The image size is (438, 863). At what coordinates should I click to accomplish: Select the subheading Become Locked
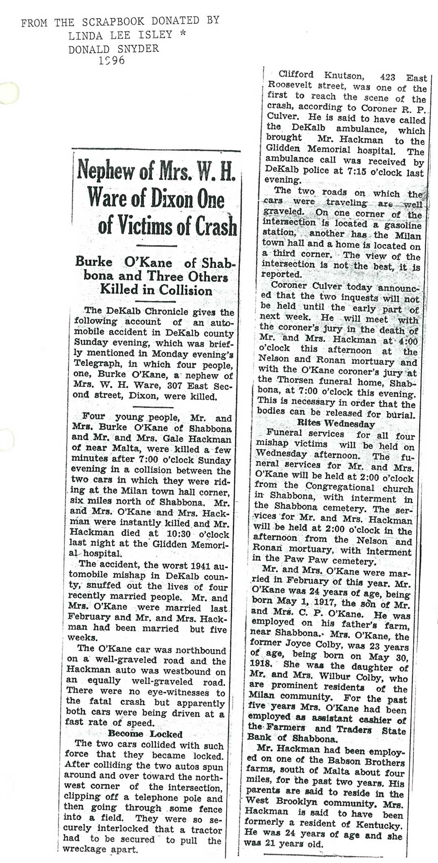click(145, 734)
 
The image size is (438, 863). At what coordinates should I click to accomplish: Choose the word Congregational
click(340, 487)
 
